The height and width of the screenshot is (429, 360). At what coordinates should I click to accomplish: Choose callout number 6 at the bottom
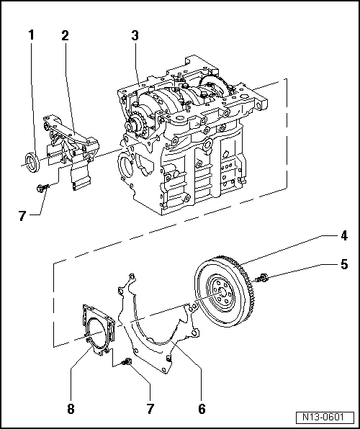click(x=202, y=410)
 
